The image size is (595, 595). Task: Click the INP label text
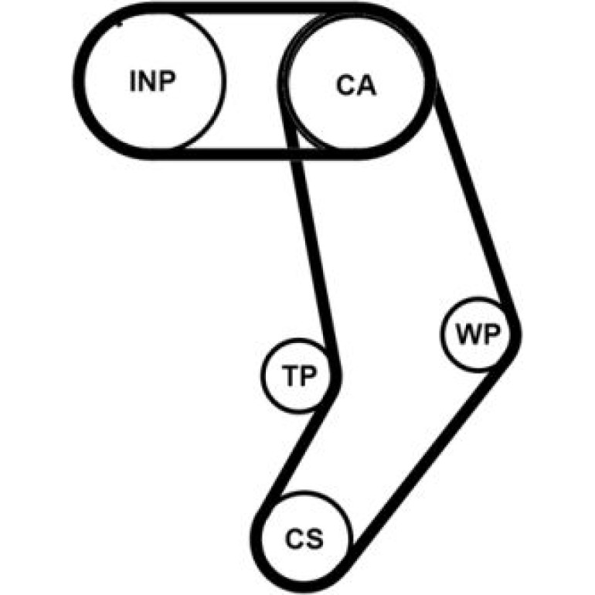pyautogui.click(x=152, y=81)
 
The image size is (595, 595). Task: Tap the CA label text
pyautogui.click(x=356, y=85)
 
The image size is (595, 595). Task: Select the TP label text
pyautogui.click(x=299, y=375)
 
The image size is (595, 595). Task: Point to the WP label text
pyautogui.click(x=478, y=334)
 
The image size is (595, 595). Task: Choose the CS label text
pyautogui.click(x=304, y=539)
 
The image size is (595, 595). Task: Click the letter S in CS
pyautogui.click(x=315, y=539)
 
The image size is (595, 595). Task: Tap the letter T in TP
pyautogui.click(x=290, y=375)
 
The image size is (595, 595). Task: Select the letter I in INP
pyautogui.click(x=132, y=81)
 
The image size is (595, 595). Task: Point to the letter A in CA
pyautogui.click(x=366, y=85)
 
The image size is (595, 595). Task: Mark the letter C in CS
pyautogui.click(x=294, y=539)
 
